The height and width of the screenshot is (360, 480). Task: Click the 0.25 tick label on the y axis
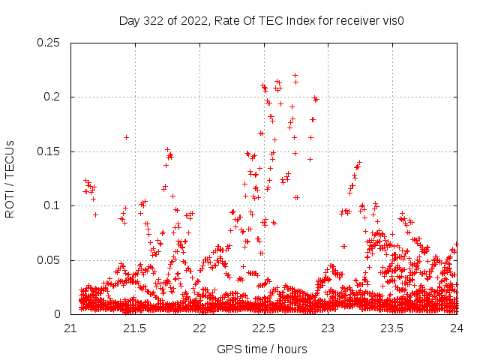point(50,43)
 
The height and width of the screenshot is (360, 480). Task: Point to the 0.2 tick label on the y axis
point(53,97)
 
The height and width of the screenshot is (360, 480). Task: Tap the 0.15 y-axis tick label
point(50,151)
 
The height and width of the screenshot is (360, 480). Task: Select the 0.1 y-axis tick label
point(53,205)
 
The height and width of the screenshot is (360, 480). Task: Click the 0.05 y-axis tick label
point(50,260)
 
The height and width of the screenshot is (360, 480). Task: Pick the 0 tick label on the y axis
point(60,314)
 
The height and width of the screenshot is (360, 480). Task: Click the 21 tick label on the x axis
point(71,328)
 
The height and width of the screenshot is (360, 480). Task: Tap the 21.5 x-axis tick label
point(136,328)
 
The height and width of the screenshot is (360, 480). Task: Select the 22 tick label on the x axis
point(200,328)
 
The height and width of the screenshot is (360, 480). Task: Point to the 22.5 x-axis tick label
point(264,328)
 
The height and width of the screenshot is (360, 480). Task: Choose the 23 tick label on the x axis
point(328,328)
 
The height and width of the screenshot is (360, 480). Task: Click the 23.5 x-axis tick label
point(393,328)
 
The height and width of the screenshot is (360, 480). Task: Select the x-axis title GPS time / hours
point(262,349)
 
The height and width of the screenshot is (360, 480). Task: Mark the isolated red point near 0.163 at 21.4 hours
point(126,137)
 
